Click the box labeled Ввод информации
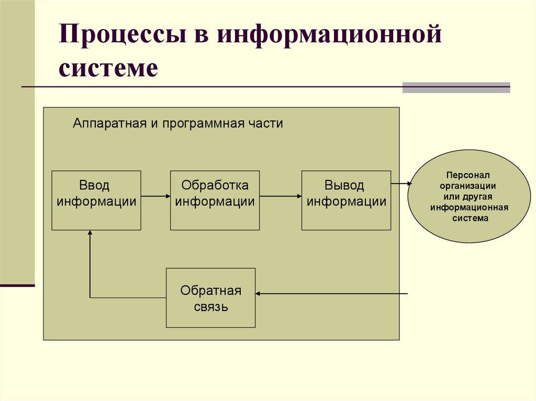[96, 200]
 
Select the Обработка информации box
[215, 200]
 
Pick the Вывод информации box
[346, 200]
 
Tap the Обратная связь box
[210, 297]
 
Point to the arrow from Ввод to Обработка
[155, 196]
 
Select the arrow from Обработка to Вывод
[280, 196]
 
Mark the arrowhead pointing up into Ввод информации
[90, 234]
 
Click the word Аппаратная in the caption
[102, 124]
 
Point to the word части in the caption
[266, 124]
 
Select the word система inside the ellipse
[470, 218]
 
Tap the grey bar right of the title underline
[456, 87]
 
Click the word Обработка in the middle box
[215, 186]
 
